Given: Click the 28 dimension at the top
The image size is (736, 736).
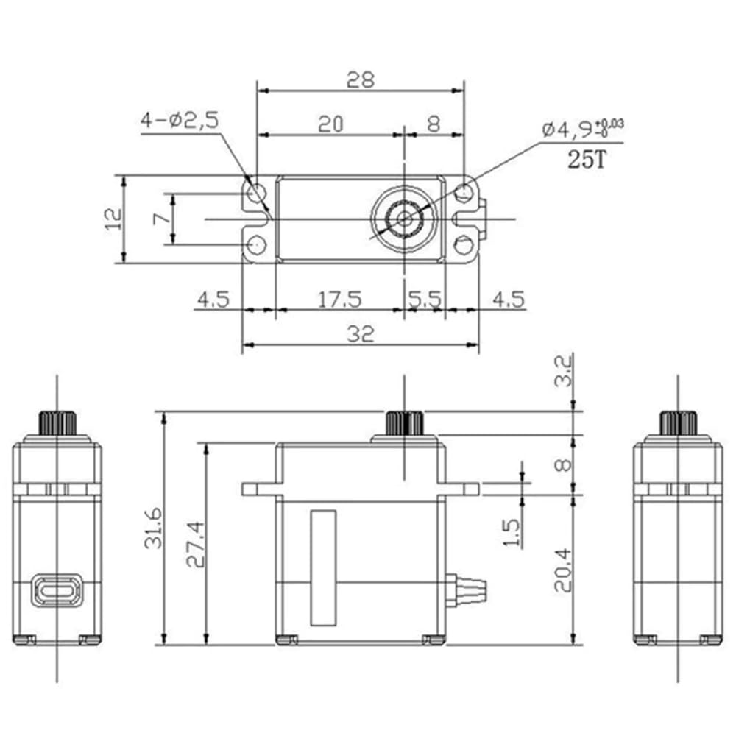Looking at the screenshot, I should coord(361,79).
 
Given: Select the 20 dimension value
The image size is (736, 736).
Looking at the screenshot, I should coord(331,124).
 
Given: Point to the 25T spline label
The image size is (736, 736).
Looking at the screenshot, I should coord(586,160).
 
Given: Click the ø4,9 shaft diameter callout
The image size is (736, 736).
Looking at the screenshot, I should coord(581,130).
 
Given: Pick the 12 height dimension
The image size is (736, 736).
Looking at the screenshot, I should coord(112,219).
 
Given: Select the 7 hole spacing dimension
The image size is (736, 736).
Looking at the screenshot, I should coord(157,219).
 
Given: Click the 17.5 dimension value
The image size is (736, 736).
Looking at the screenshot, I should coord(339,300).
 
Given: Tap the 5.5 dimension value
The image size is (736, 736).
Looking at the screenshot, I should coord(425,300).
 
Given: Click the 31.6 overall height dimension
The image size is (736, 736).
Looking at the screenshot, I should coord(153,527).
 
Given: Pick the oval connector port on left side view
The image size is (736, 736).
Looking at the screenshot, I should coord(57,592).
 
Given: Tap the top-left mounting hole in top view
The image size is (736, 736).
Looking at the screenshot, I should coord(256,194).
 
